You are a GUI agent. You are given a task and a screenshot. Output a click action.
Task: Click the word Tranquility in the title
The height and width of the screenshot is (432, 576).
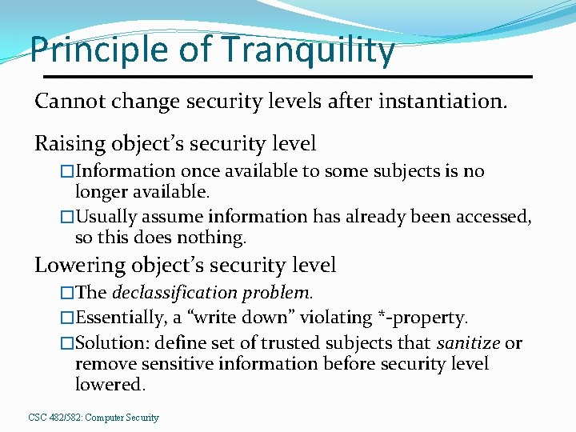coord(308,50)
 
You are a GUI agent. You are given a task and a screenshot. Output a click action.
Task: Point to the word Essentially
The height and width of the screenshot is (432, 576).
coord(120,318)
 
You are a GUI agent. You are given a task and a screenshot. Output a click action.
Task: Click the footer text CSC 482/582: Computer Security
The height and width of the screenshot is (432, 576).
coord(94,418)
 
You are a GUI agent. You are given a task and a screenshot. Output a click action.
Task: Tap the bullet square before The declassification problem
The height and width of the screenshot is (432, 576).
coord(67,292)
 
